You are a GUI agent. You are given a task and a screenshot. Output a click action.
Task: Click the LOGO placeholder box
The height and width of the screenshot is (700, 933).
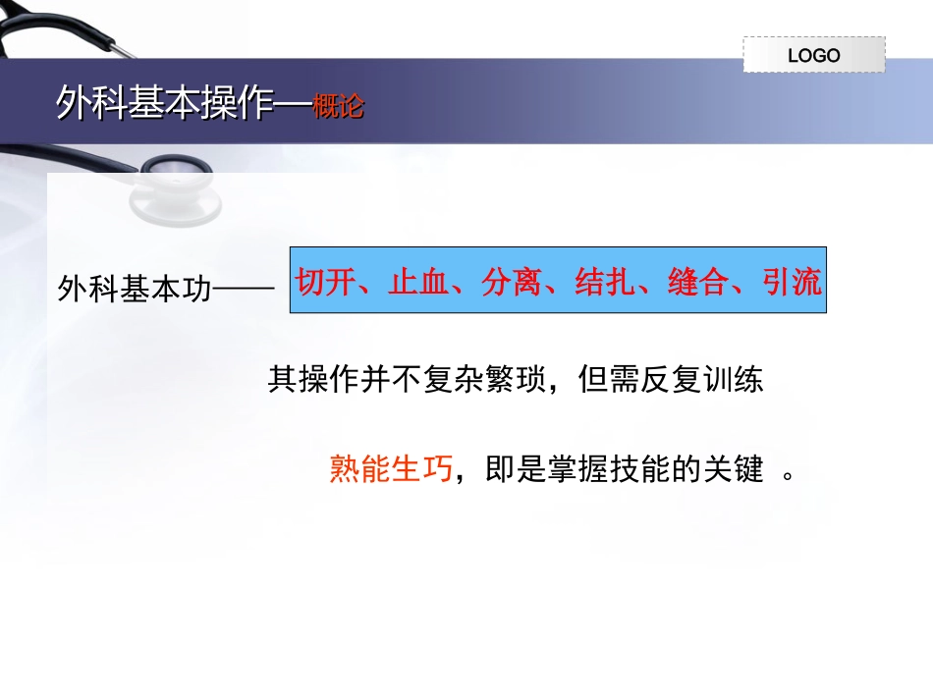[x=813, y=55]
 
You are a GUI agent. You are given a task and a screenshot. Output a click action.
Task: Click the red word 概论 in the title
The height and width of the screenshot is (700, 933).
[x=338, y=106]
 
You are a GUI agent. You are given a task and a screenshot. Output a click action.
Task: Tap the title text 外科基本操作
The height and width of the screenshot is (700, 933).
[x=161, y=103]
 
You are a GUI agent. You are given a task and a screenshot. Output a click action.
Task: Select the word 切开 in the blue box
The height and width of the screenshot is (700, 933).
[x=326, y=283]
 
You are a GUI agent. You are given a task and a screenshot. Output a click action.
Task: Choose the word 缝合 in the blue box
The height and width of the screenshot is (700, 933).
[x=698, y=283]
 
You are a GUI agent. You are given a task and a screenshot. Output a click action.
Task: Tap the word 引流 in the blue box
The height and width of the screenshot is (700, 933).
[x=791, y=283]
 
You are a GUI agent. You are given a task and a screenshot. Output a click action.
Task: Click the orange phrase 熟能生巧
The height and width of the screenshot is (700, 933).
[x=391, y=470]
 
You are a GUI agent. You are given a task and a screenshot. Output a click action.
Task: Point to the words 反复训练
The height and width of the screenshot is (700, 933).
[x=702, y=380]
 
